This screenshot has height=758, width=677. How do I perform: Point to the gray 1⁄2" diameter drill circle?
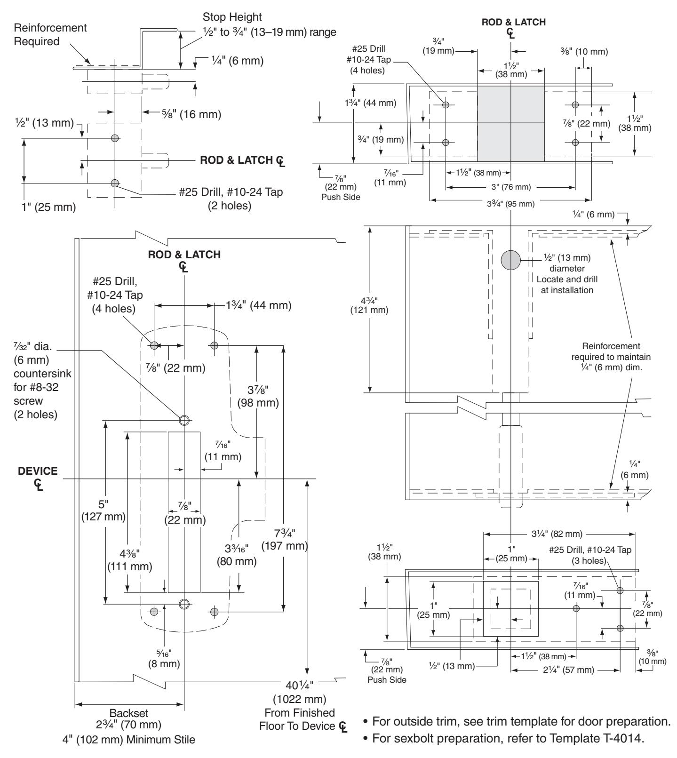(511, 260)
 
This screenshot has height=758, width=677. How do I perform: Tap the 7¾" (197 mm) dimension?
(291, 540)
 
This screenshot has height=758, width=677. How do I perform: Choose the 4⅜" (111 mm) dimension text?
(130, 559)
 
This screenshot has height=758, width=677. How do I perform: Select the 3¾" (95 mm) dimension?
(510, 203)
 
